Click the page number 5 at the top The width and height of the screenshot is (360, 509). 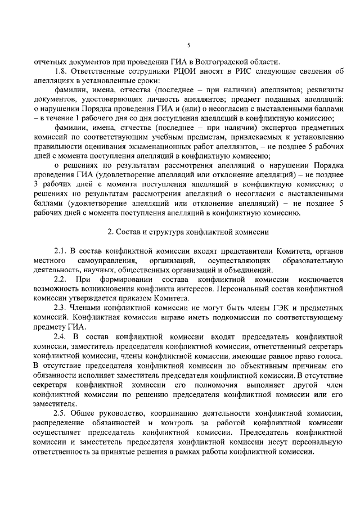[188, 44]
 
